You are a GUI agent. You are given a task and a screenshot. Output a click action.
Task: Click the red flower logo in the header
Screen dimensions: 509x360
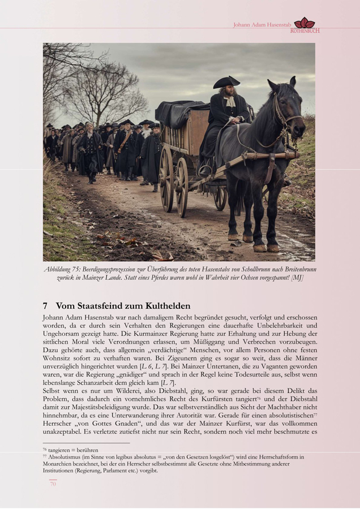point(304,23)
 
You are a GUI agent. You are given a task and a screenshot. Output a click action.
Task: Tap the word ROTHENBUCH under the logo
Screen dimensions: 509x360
point(304,31)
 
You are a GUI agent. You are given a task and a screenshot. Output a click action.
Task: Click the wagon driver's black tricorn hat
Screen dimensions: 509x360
point(226,83)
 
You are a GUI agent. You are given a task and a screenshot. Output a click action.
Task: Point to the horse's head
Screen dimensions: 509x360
point(286,107)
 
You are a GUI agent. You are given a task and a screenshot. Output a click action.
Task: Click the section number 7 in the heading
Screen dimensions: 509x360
point(45,306)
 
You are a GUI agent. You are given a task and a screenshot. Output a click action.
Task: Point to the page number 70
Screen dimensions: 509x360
point(53,484)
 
